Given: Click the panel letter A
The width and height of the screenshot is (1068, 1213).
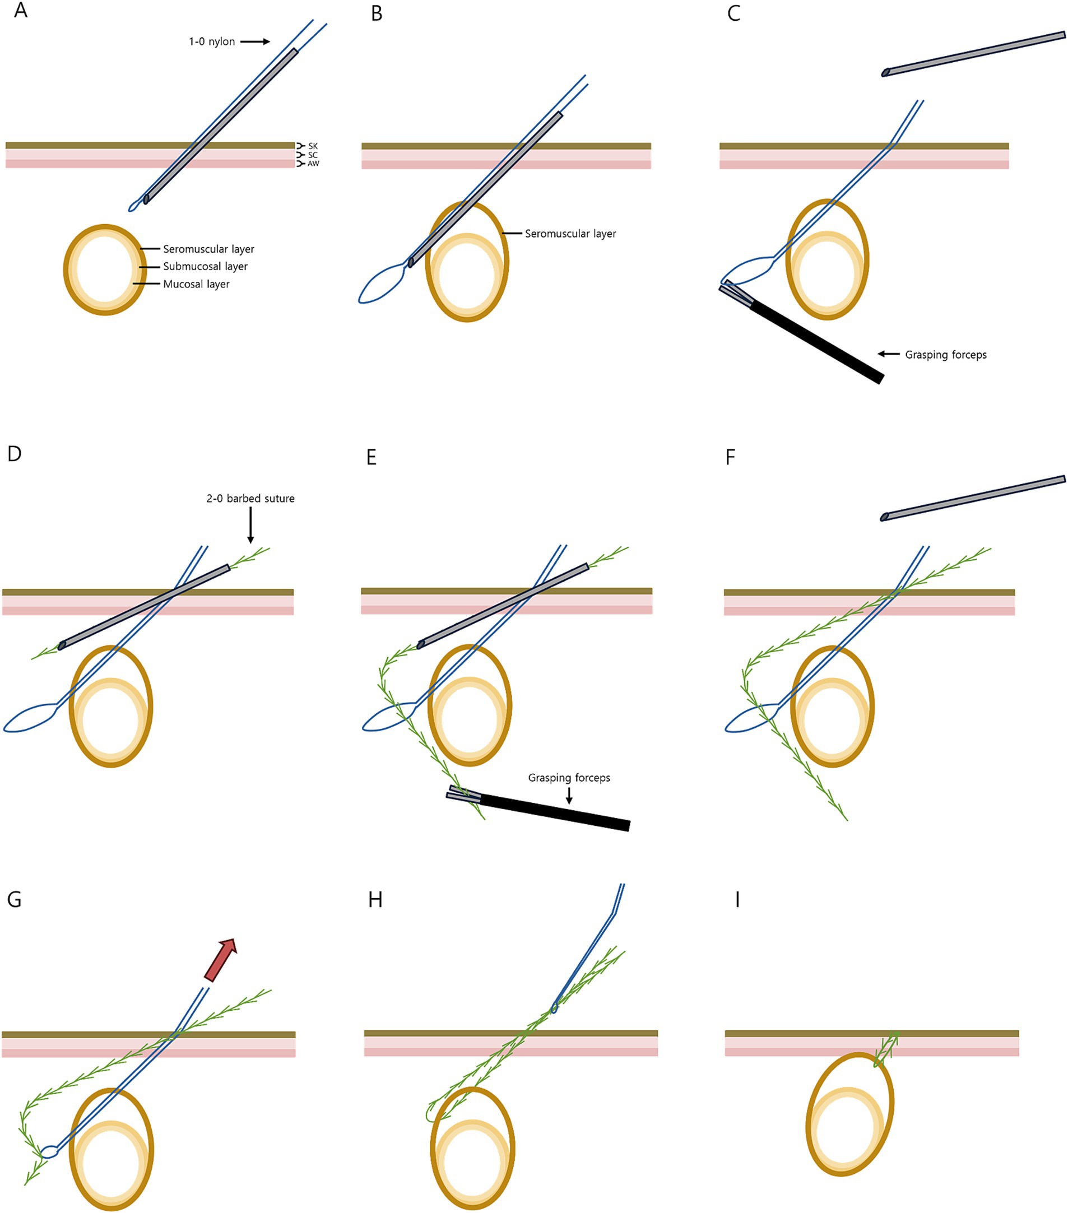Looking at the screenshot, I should coord(20,11).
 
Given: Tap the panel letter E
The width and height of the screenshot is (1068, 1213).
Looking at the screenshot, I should coord(372,458).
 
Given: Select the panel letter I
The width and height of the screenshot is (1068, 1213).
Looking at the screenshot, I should coord(737,900).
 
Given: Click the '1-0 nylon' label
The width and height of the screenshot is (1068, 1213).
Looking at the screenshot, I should coord(212,41).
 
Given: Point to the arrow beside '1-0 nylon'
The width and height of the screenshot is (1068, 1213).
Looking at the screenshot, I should coord(256,41).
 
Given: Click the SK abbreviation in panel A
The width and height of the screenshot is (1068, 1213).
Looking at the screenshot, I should coord(313,146).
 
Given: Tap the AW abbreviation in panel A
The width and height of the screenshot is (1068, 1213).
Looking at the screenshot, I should coord(313,164).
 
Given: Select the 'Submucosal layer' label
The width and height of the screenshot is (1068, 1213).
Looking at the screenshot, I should coord(206,267).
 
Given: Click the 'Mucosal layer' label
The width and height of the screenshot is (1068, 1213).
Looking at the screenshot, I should coord(197,284).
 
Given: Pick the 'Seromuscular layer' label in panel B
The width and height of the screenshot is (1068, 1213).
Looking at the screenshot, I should coord(570,234).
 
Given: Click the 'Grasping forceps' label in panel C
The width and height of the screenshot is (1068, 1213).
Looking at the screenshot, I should coord(946,355).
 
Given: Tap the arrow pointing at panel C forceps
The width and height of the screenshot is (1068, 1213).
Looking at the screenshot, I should coord(889,354).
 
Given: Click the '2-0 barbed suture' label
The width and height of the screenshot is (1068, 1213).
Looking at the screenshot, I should coord(250,499).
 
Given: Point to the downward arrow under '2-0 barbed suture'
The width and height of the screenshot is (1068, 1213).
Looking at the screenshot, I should coord(250,525).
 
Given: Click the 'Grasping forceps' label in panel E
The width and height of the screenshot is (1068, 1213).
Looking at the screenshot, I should coord(569,778).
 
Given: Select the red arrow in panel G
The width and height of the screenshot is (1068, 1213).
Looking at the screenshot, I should coord(220,960).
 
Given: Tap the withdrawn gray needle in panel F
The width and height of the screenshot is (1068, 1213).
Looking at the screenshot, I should coord(974,498).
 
